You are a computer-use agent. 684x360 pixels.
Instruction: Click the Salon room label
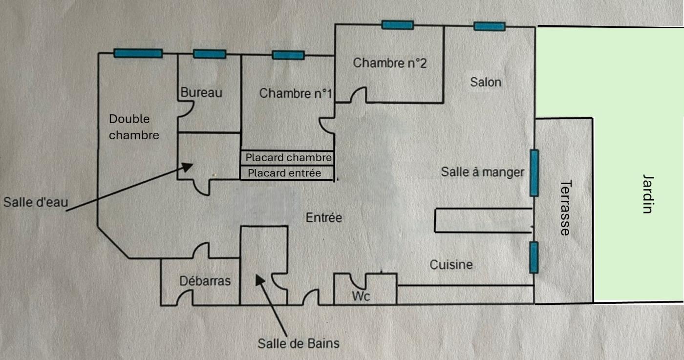tap(486, 82)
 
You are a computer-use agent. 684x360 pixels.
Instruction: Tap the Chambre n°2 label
tap(390, 63)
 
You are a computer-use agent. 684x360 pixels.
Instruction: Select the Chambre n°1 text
tap(296, 93)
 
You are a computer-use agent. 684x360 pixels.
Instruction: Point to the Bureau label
tap(201, 92)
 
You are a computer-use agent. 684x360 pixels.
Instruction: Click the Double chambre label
tap(133, 127)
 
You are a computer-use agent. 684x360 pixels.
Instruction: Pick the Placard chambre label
tap(288, 158)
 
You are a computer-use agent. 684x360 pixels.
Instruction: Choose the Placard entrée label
tap(284, 173)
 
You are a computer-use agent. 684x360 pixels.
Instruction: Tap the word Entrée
tap(324, 218)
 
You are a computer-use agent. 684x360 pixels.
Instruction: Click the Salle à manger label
tap(482, 172)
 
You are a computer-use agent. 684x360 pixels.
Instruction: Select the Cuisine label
tap(451, 265)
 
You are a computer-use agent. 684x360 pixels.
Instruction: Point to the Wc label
tap(362, 296)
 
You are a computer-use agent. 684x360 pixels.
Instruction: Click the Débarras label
tap(205, 281)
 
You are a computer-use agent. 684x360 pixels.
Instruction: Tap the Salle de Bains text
tap(298, 343)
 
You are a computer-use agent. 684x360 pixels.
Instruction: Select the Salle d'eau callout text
tap(34, 202)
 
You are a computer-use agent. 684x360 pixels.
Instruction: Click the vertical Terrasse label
tap(565, 208)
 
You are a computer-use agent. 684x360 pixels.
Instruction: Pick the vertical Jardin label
tap(648, 194)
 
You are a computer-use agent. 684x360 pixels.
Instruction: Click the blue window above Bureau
tap(209, 54)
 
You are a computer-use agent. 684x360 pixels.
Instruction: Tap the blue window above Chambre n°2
tap(397, 25)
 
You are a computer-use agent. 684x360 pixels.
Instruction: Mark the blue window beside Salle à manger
tap(534, 173)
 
